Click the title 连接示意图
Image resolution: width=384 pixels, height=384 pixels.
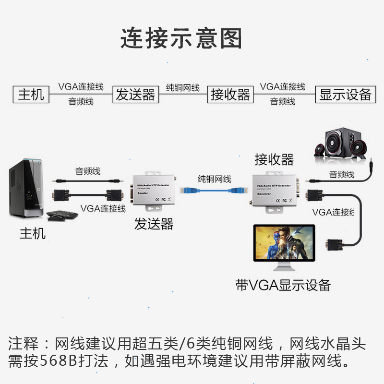click(x=181, y=38)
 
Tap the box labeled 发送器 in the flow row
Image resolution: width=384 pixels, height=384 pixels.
click(x=136, y=94)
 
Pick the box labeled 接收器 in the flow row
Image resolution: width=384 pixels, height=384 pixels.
click(x=231, y=94)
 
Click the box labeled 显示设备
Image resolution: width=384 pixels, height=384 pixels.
click(x=346, y=94)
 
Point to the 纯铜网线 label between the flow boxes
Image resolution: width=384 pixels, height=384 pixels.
click(x=182, y=88)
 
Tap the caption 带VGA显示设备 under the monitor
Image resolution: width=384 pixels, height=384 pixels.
click(x=283, y=285)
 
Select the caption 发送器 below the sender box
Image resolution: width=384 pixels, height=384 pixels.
click(x=154, y=224)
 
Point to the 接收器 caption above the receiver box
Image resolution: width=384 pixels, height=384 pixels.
click(x=274, y=159)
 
